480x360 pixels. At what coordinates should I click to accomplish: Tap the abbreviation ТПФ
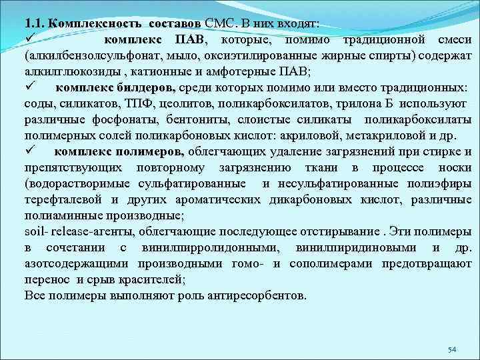(121, 105)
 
